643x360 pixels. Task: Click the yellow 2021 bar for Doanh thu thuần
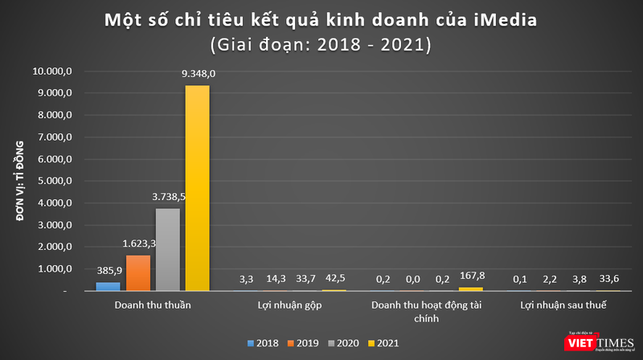(197, 189)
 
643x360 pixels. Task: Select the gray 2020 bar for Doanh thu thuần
(167, 250)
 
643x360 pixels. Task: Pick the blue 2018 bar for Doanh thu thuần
(107, 286)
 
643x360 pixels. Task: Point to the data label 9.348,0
(199, 74)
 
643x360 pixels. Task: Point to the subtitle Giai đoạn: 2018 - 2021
(321, 44)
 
